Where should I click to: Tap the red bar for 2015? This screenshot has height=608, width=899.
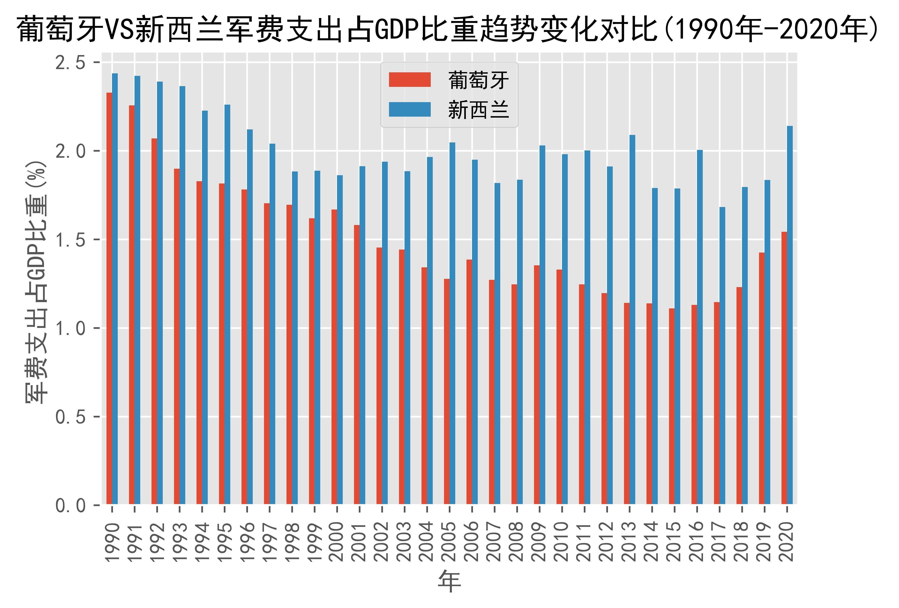click(x=671, y=406)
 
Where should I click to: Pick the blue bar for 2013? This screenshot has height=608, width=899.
click(x=632, y=319)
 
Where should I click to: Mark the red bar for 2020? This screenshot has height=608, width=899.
click(x=784, y=368)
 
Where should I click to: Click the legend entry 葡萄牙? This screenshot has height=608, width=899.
click(x=478, y=80)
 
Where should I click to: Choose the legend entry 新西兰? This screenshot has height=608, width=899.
click(x=478, y=110)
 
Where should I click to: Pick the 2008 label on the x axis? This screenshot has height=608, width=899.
click(x=517, y=541)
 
